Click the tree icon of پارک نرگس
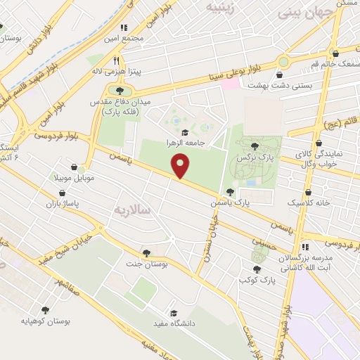(253, 146)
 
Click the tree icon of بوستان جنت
(146, 253)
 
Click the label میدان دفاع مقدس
(126, 102)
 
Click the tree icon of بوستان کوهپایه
(46, 310)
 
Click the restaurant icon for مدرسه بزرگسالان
(304, 247)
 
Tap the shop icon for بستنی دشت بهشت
(281, 75)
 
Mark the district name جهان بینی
(305, 12)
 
